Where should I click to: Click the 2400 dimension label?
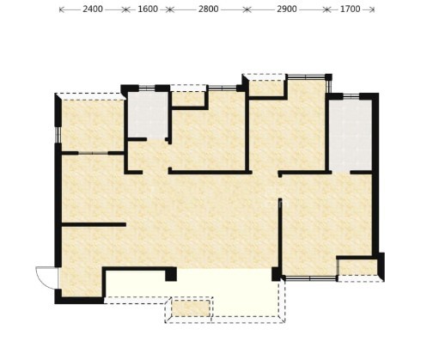[93, 9]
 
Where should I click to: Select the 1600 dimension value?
[148, 9]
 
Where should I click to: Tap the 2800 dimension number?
[209, 9]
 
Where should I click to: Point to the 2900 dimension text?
[287, 9]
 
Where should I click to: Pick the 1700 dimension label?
[350, 9]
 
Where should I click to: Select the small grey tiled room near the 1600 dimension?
[148, 115]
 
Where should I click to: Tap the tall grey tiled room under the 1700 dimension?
[351, 135]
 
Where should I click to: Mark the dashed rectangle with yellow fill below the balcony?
[191, 308]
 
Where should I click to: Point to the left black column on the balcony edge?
[171, 274]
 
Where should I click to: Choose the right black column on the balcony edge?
[276, 274]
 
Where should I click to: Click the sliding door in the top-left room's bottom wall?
[93, 153]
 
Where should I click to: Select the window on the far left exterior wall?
[58, 135]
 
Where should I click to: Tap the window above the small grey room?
[147, 88]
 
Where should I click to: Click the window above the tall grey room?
[351, 96]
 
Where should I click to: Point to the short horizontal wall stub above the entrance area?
[94, 224]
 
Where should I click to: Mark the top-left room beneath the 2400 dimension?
[93, 125]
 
